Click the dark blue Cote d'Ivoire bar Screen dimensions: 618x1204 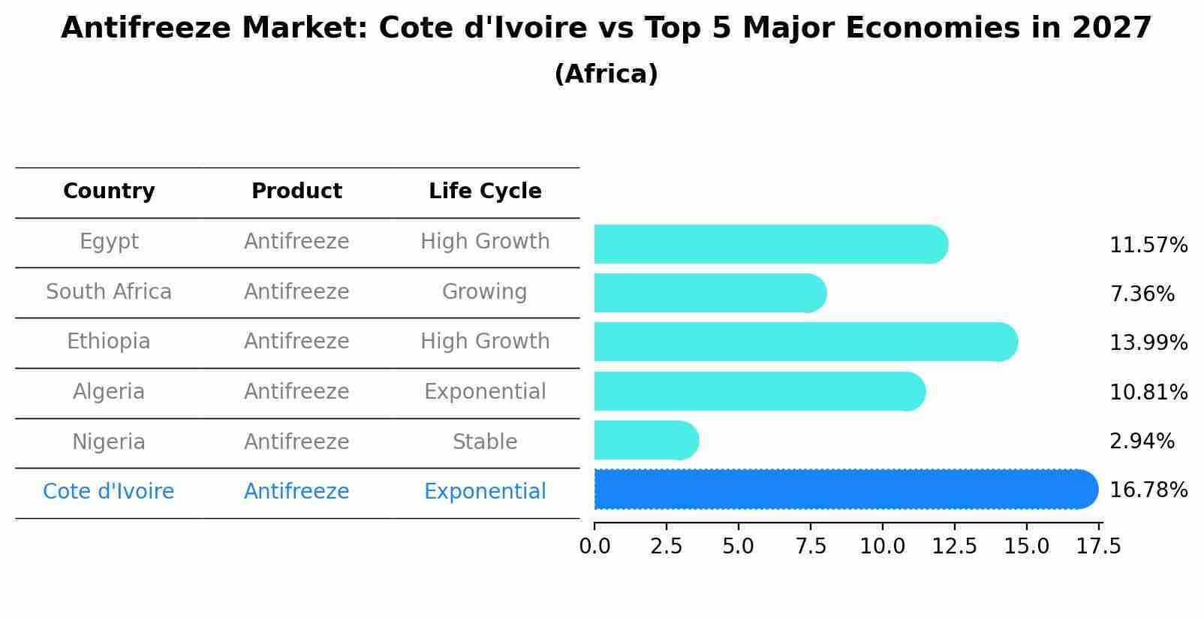pyautogui.click(x=844, y=489)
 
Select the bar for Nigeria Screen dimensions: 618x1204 pyautogui.click(x=646, y=440)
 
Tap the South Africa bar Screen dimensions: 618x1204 pyautogui.click(x=709, y=293)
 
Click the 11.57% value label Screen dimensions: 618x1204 pyautogui.click(x=1148, y=246)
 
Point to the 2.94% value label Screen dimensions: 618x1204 pyautogui.click(x=1141, y=442)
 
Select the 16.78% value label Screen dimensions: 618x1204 pyautogui.click(x=1148, y=490)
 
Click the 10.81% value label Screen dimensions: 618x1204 pyautogui.click(x=1148, y=393)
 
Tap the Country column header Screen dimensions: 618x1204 pyautogui.click(x=109, y=191)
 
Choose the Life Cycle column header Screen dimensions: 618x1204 pyautogui.click(x=485, y=191)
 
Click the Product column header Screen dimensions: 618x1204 pyautogui.click(x=296, y=191)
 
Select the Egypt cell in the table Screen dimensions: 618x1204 pyautogui.click(x=109, y=242)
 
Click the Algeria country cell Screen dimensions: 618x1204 pyautogui.click(x=109, y=392)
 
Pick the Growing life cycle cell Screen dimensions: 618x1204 pyautogui.click(x=484, y=292)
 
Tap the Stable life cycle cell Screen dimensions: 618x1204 pyautogui.click(x=484, y=442)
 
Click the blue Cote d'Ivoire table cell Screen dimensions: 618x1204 pyautogui.click(x=109, y=492)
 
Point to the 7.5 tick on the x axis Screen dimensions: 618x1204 pyautogui.click(x=810, y=547)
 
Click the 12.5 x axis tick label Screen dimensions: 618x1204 pyautogui.click(x=954, y=547)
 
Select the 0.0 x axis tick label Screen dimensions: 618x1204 pyautogui.click(x=594, y=547)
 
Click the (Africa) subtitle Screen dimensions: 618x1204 pyautogui.click(x=606, y=74)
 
